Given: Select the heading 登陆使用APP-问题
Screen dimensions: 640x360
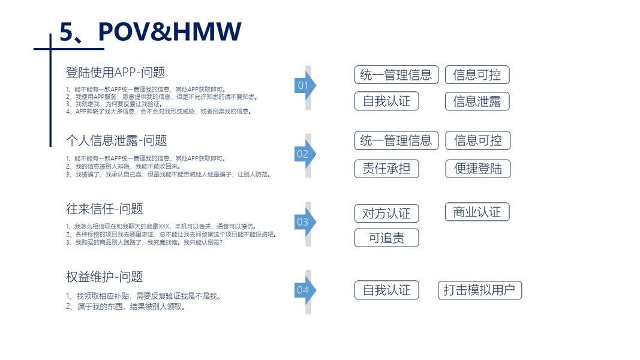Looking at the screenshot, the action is point(115,73).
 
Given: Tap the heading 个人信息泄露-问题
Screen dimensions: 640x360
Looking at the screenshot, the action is point(116,140).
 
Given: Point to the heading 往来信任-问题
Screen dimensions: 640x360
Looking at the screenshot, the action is point(104,209).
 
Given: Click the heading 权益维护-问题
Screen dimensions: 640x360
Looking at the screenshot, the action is point(104,277).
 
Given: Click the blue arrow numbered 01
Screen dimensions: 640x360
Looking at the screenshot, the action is point(305,86).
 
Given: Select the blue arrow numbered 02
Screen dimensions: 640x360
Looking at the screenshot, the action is point(305,154).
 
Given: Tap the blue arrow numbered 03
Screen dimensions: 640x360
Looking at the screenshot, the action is point(305,222).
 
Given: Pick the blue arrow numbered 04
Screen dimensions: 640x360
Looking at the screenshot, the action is point(305,290).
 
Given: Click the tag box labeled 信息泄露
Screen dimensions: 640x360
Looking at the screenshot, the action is point(477,101).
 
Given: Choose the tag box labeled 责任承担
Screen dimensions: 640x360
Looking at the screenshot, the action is point(386,169).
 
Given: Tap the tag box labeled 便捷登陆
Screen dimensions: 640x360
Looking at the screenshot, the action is point(477,169).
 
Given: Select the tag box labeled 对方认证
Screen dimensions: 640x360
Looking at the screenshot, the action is point(386,213).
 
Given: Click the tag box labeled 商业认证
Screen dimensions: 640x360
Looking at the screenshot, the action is point(477,212).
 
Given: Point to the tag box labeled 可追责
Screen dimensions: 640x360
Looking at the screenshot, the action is point(386,238).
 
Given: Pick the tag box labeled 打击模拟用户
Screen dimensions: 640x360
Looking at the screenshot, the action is point(479,290).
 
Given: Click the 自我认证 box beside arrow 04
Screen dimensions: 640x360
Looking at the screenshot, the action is point(386,290).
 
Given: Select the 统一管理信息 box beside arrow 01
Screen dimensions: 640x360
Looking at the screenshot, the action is point(396,75).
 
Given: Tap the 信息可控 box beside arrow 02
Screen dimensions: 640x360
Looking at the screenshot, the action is point(477,140).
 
